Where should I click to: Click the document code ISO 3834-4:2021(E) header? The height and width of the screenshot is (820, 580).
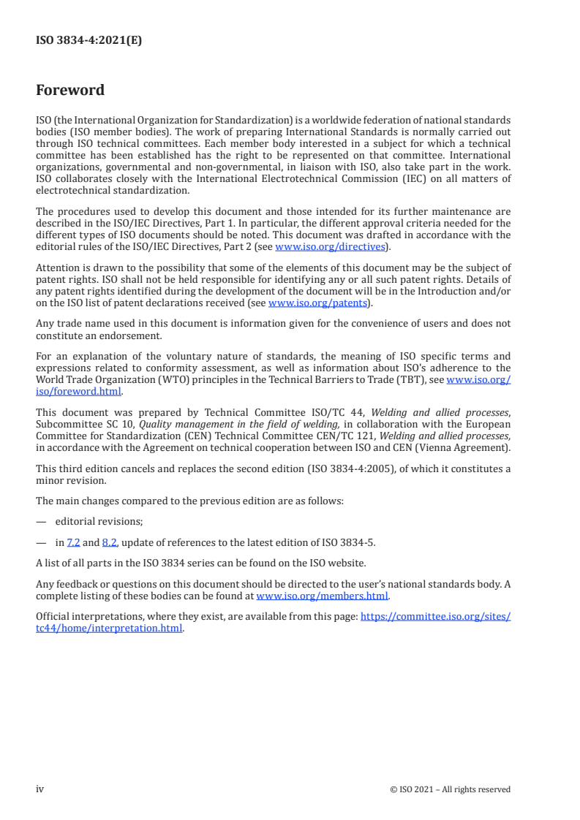pos(88,41)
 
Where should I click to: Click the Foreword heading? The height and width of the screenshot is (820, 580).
pos(70,91)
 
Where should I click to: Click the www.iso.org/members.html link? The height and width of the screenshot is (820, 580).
pos(322,596)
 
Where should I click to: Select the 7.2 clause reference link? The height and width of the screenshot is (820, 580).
pos(73,542)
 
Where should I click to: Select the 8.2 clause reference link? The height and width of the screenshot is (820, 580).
pos(109,542)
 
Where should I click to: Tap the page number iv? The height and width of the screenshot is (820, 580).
pos(40,789)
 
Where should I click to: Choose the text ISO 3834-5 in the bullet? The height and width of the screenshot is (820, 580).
pos(351,542)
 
